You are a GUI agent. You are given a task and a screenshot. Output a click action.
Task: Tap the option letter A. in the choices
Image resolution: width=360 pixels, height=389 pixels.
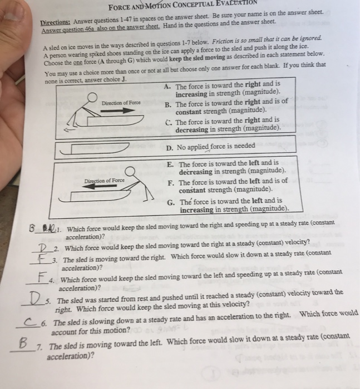[x=169, y=87]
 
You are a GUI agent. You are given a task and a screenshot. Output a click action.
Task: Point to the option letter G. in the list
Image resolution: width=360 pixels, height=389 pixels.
[x=171, y=201]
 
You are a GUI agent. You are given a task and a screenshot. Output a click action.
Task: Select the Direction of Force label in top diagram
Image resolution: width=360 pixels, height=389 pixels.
[x=121, y=103]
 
